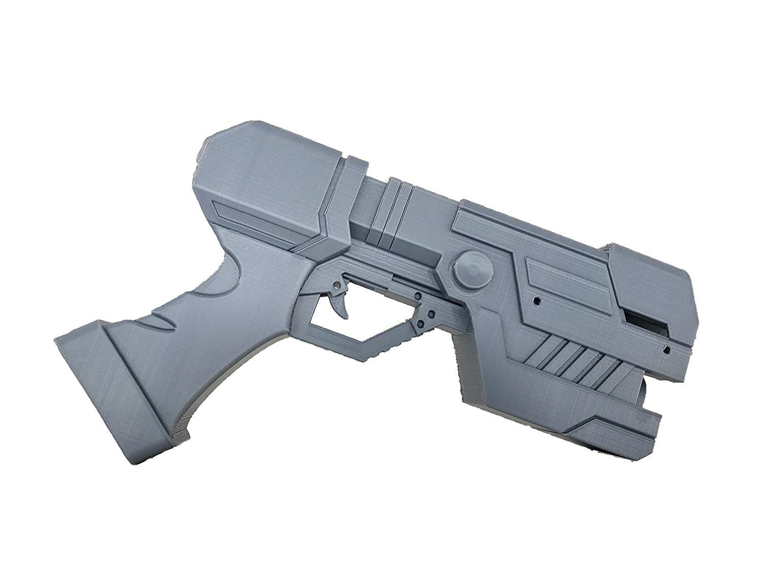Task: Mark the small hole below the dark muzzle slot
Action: (x=666, y=350)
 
